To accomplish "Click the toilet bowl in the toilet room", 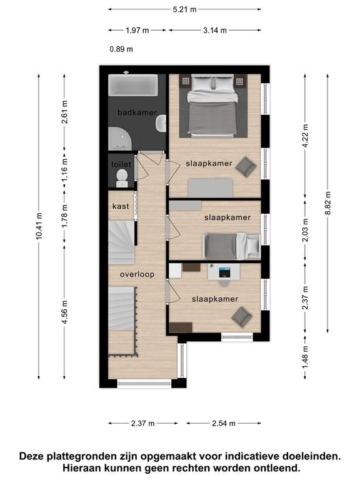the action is pos(122,178).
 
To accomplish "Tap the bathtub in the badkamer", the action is pos(133,85).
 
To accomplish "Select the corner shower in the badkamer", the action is pos(120,139).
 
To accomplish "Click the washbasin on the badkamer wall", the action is pos(161,124).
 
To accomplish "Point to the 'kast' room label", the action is pos(121,206).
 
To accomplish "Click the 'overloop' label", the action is pos(137,274).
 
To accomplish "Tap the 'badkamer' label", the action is pos(137,112).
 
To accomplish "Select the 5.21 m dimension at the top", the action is pos(184,9).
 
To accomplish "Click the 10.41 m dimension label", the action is pos(39,226).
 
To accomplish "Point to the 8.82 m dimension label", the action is pos(328,203).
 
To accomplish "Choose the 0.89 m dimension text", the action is pos(121,49).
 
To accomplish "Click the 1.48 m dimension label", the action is pos(305,357).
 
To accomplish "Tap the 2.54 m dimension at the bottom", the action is pos(224,423).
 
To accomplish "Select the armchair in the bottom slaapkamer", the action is pos(242,317).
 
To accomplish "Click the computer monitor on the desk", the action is pos(224,271).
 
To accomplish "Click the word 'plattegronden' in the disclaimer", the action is pos(82,456).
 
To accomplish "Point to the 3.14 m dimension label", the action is pos(215,30).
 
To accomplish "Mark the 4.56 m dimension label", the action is pos(64,312).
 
